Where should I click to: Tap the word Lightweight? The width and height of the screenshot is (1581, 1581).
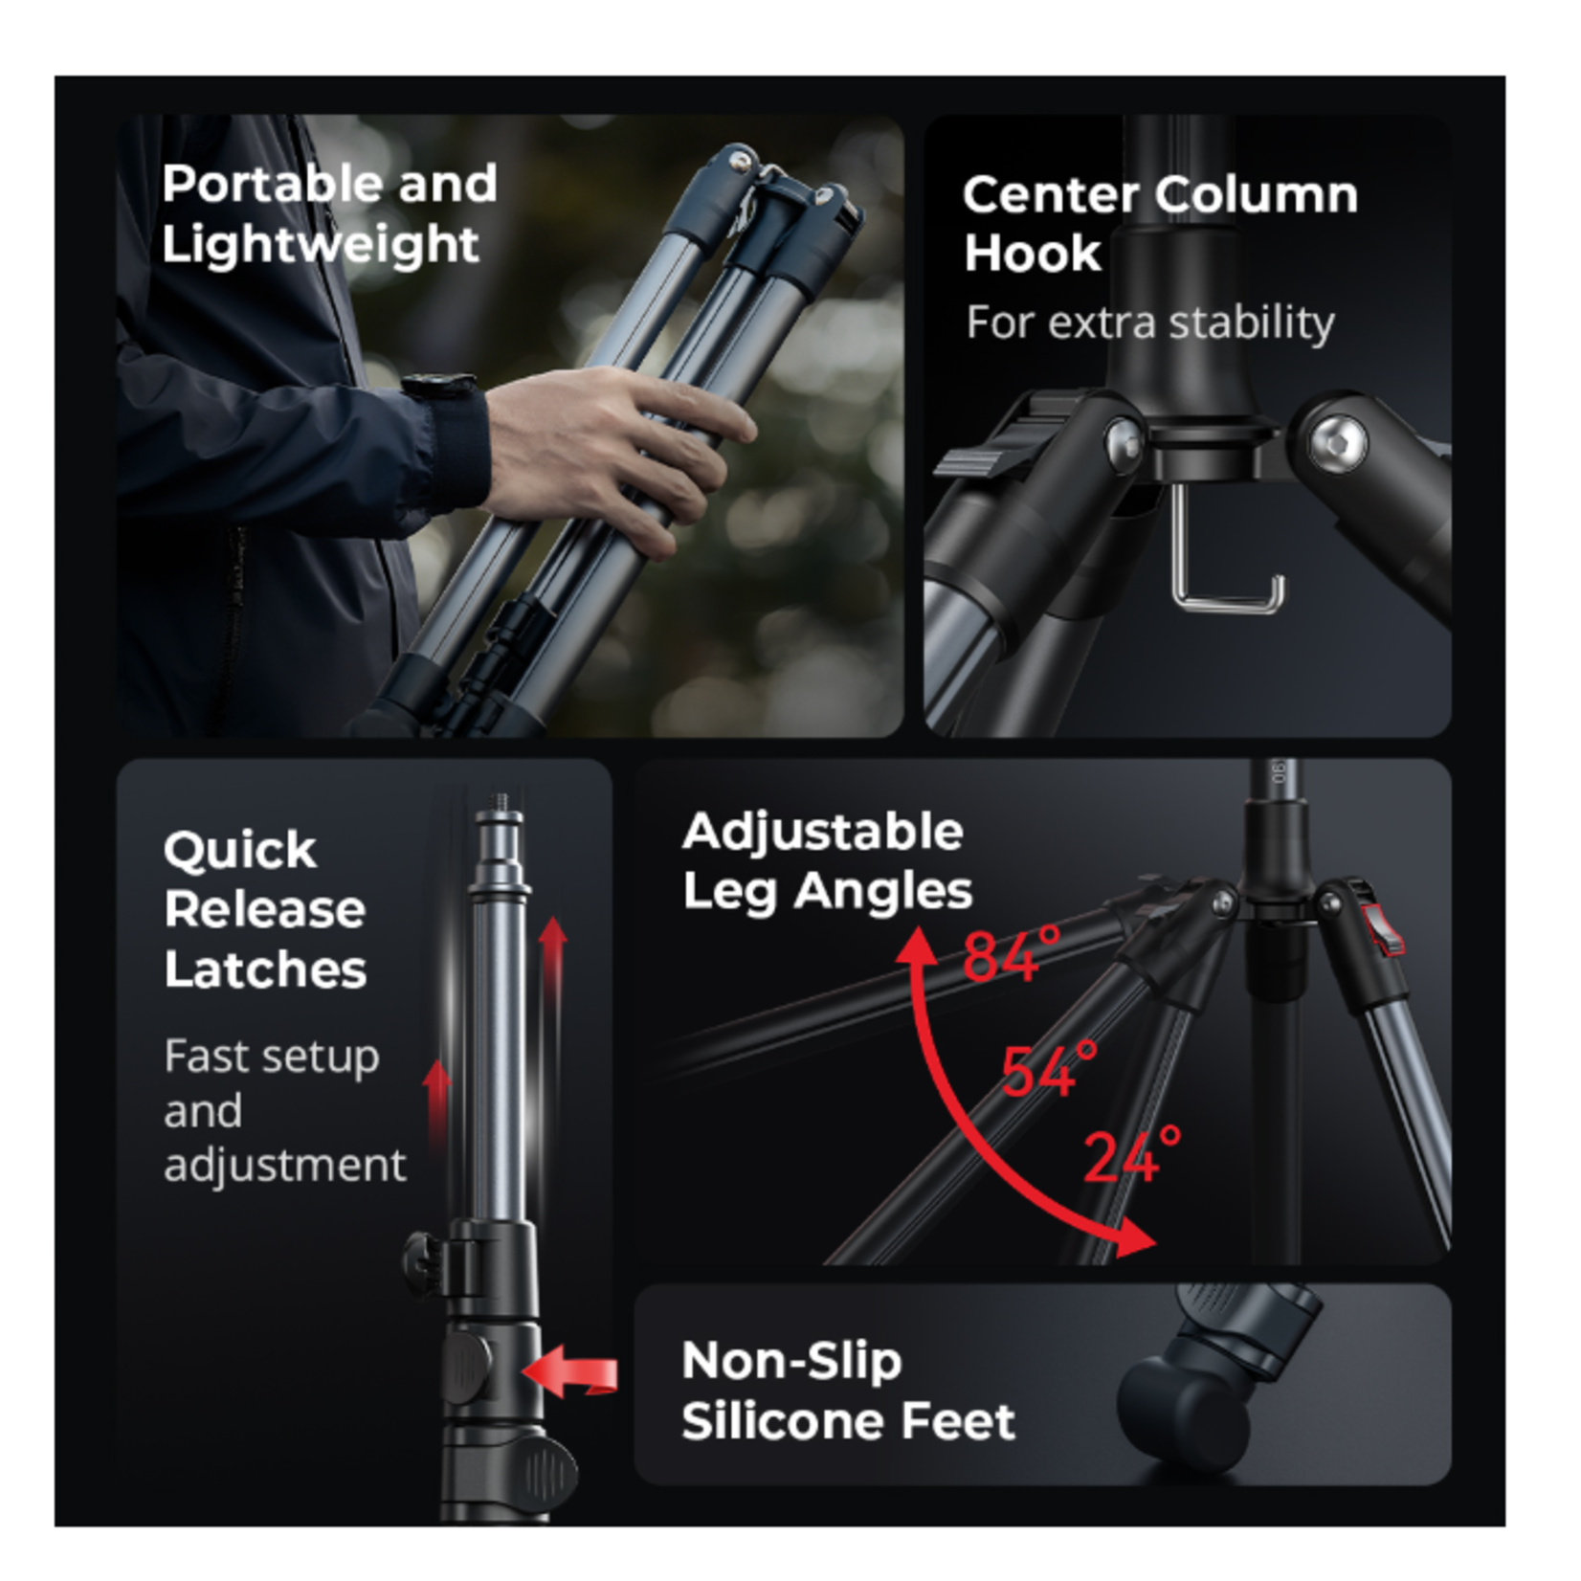(320, 246)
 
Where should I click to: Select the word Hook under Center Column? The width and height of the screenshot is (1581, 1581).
(1033, 254)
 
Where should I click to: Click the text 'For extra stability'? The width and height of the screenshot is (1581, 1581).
(1149, 323)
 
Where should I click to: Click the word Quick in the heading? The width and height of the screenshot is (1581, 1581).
(239, 851)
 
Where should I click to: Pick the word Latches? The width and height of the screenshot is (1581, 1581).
(265, 969)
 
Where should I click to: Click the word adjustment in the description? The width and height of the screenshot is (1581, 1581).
(285, 1166)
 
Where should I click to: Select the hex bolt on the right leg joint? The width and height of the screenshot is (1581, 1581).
(1337, 442)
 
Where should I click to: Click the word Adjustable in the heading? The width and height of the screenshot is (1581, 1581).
(823, 832)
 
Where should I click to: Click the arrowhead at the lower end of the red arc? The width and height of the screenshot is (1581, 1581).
(1135, 1238)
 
